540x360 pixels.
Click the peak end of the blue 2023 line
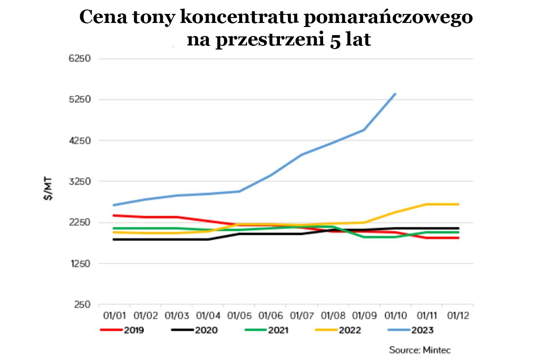click(x=395, y=94)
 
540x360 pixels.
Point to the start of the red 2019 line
click(x=114, y=215)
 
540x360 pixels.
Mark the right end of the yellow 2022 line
click(x=458, y=204)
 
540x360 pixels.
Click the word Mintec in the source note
click(x=436, y=349)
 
